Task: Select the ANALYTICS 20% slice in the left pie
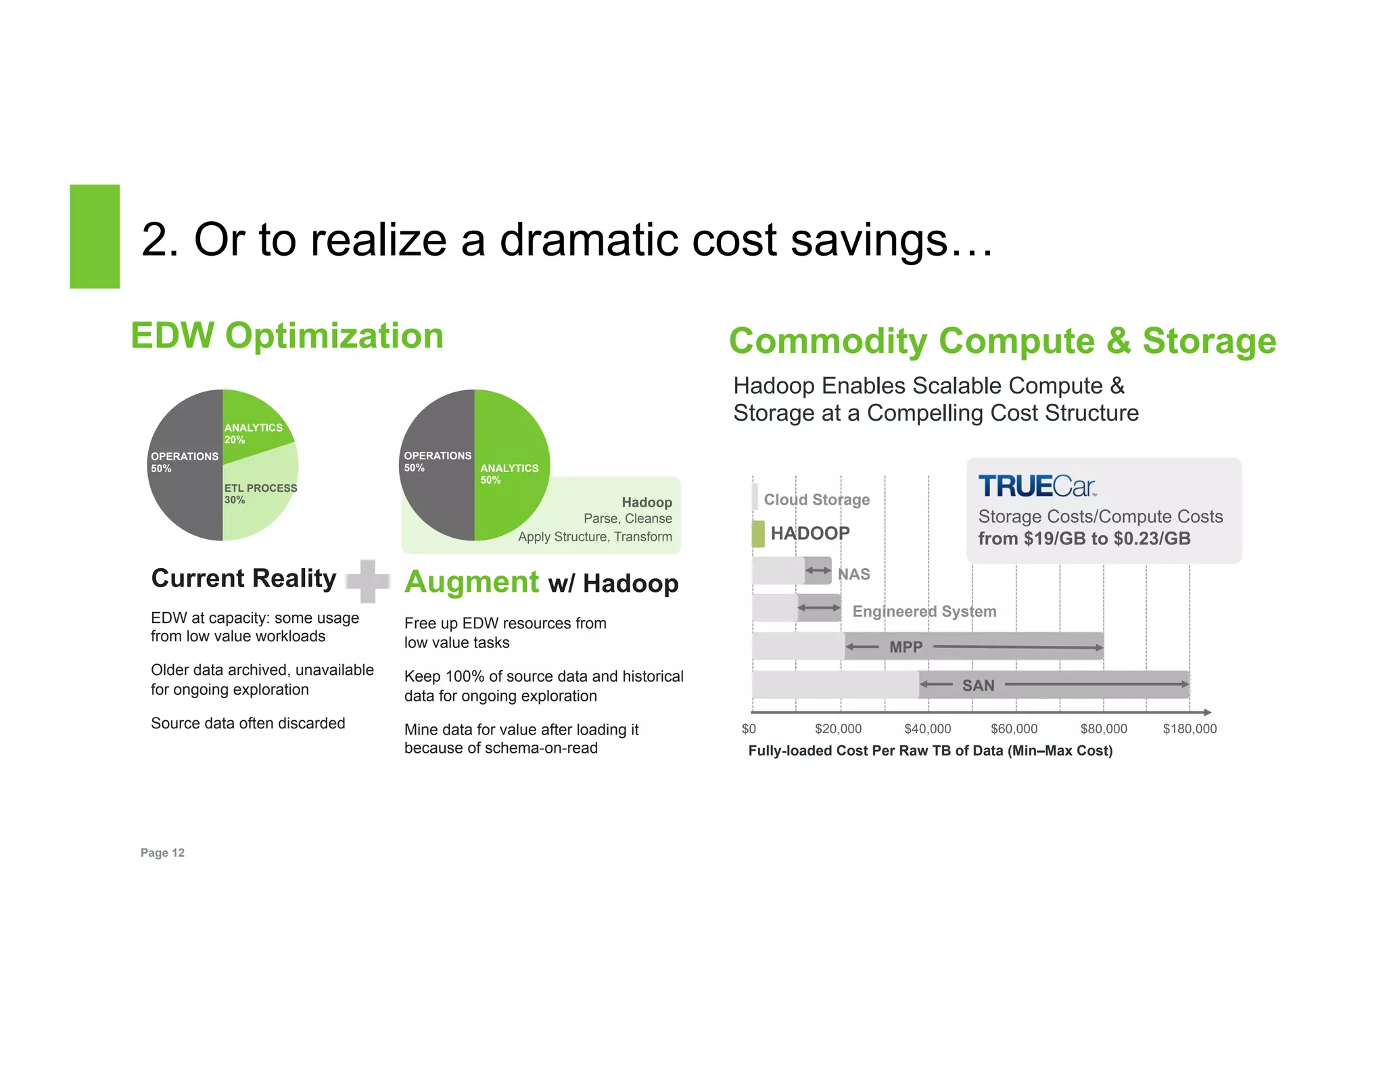[x=254, y=433]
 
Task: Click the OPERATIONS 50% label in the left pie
[x=184, y=462]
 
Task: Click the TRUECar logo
[x=1037, y=486]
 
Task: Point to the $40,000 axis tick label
[x=927, y=729]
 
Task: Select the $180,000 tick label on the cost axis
[x=1189, y=729]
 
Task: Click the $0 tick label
[x=749, y=729]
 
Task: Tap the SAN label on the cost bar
[x=978, y=685]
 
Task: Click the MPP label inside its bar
[x=906, y=647]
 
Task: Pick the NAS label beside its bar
[x=853, y=574]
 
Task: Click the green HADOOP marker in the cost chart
[x=758, y=534]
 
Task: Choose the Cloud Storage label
[x=816, y=500]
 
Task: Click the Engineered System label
[x=924, y=611]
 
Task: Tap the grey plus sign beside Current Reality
[x=367, y=581]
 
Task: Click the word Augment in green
[x=471, y=582]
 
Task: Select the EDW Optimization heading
[x=287, y=336]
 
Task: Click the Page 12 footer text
[x=162, y=853]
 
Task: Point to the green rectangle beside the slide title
[x=95, y=237]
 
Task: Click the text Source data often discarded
[x=248, y=723]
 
